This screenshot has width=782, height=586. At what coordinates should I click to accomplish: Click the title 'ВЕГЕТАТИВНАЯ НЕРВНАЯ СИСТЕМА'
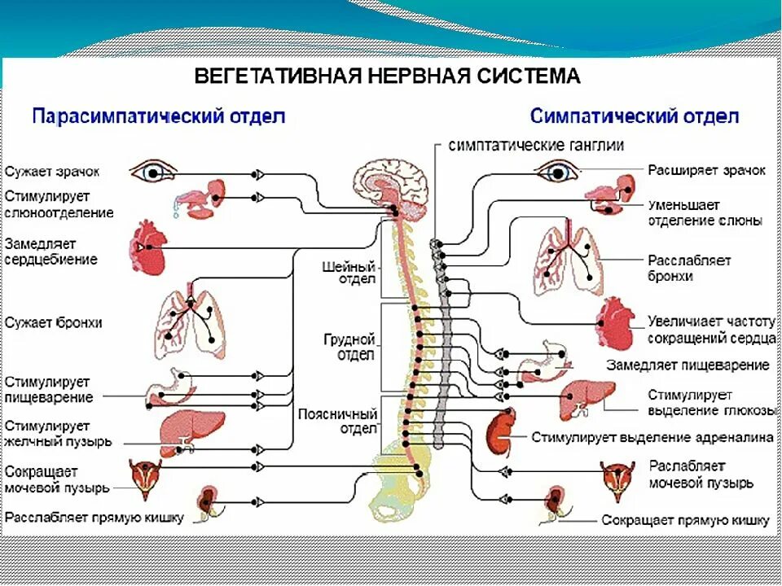(387, 77)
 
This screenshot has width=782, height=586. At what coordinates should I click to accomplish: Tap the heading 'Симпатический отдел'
(635, 116)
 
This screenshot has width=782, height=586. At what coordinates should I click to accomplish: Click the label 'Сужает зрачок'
(52, 172)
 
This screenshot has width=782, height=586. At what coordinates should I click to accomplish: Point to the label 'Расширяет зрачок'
(706, 170)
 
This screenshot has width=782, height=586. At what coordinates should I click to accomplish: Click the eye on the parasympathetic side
(152, 172)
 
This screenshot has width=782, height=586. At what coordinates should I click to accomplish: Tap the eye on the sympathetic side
(558, 171)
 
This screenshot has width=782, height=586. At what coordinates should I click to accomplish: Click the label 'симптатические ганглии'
(537, 146)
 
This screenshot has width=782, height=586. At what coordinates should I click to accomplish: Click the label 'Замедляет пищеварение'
(688, 365)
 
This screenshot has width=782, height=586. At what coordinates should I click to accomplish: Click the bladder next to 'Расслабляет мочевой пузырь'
(617, 479)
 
